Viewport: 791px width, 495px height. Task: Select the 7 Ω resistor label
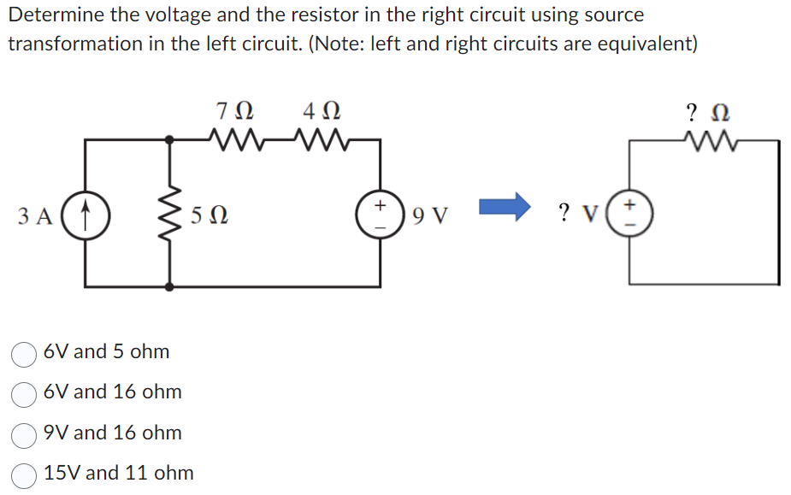tap(235, 112)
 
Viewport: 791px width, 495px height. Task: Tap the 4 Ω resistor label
tap(321, 112)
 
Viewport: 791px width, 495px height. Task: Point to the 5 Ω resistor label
tap(210, 214)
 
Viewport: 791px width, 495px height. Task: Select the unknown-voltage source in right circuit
tap(630, 212)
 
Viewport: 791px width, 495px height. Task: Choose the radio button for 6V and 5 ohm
tap(23, 352)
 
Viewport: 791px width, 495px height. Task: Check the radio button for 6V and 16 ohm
tap(23, 392)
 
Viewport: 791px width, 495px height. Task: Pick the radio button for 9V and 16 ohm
tap(23, 433)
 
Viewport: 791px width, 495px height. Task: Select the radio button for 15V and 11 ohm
tap(23, 474)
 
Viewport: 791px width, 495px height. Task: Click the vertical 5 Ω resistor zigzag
tap(172, 214)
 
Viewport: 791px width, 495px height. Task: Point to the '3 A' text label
tap(34, 214)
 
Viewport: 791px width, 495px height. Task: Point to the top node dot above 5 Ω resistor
tap(172, 138)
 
